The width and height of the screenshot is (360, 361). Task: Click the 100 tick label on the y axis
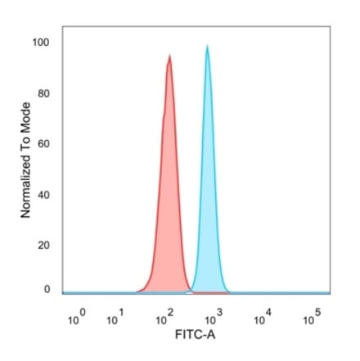(41, 43)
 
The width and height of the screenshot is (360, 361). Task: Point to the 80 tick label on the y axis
(43, 93)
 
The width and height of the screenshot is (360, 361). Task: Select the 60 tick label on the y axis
(43, 144)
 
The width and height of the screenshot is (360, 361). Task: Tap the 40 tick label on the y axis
(43, 195)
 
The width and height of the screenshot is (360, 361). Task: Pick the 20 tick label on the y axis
(43, 246)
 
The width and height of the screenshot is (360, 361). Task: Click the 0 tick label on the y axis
(46, 289)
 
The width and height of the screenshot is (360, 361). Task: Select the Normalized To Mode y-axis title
(25, 160)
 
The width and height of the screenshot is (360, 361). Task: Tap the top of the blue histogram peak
(207, 47)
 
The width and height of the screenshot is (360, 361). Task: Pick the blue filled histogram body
(208, 205)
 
